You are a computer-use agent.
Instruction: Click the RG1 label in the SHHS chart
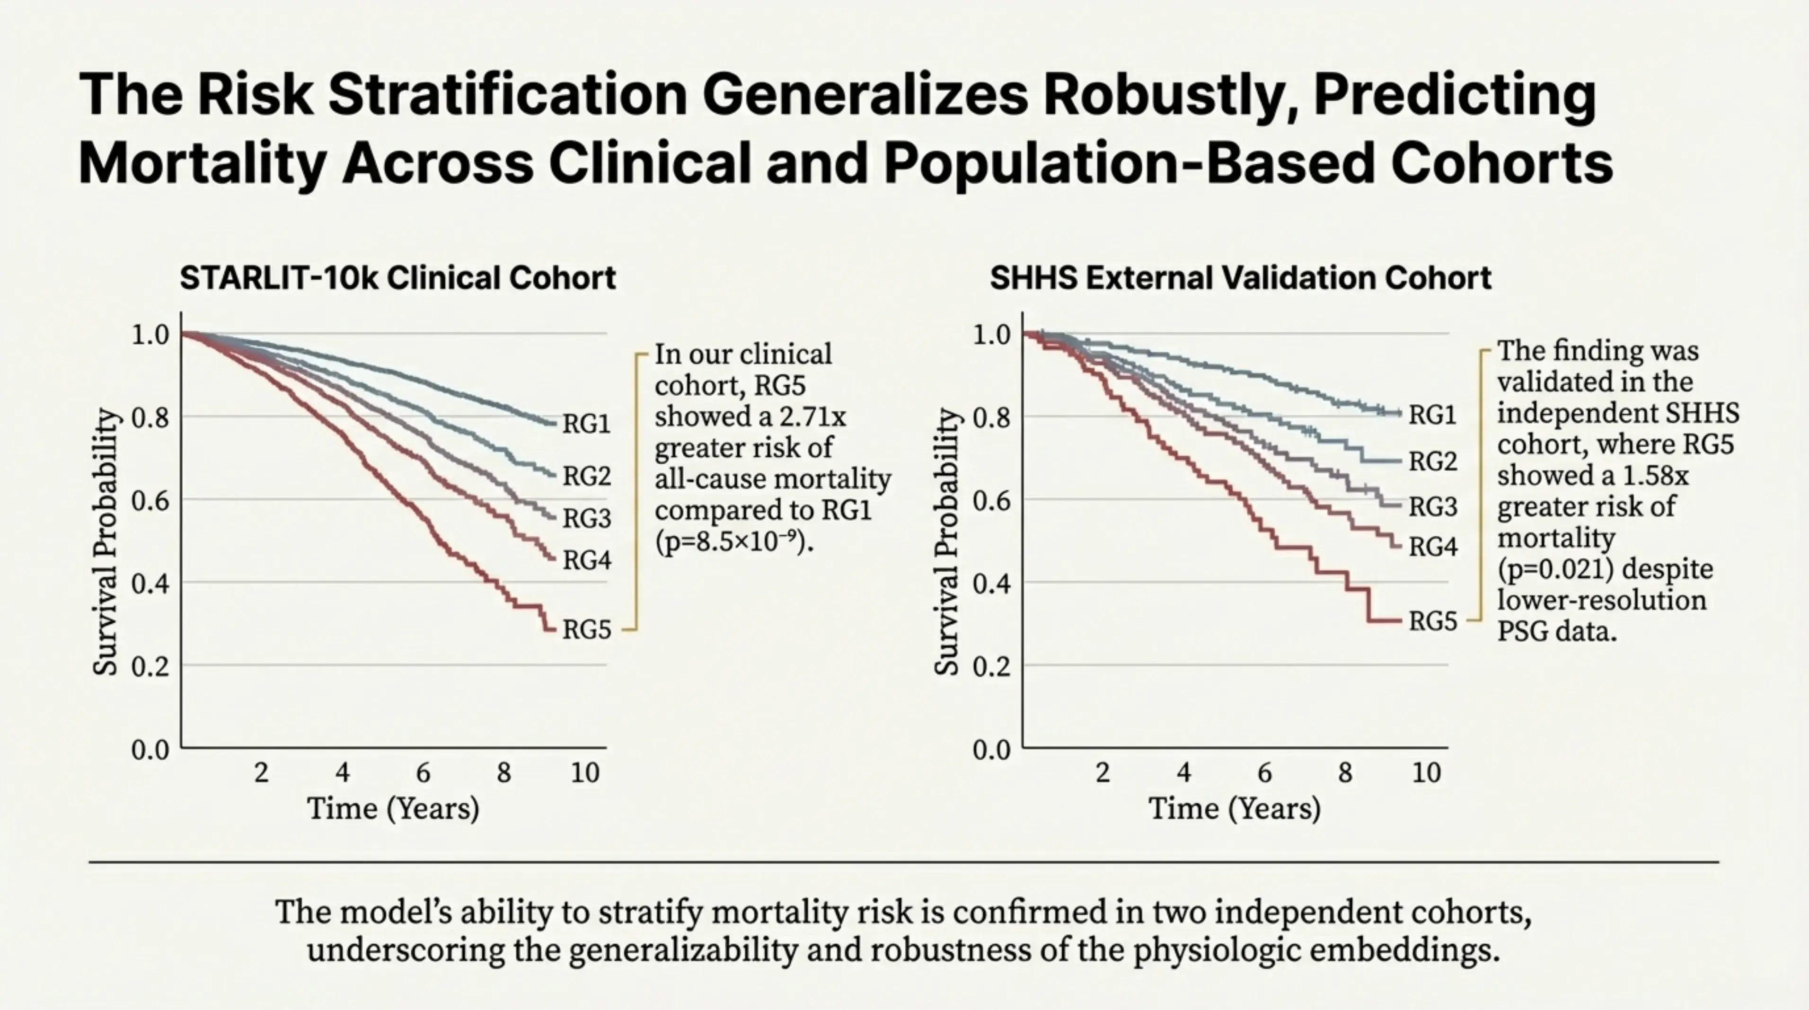pos(1433,415)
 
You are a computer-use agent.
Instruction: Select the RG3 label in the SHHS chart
pos(1433,505)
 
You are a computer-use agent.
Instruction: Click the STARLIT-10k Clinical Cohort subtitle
pos(397,278)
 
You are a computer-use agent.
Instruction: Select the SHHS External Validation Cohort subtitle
pos(1240,278)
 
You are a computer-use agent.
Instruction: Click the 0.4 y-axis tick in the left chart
pos(150,583)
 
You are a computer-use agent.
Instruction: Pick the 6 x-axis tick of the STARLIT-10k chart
pos(423,772)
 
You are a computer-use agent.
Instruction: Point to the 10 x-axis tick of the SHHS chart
pos(1426,772)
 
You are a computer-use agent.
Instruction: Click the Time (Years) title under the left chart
pos(393,808)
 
